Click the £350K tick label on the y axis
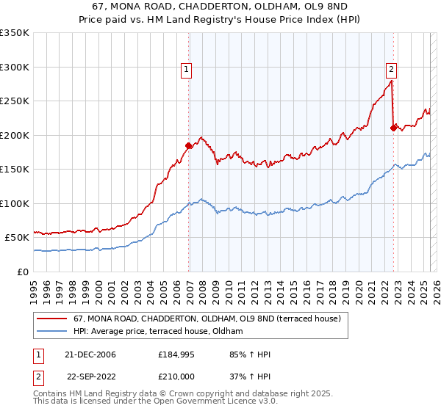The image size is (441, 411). pos(15,33)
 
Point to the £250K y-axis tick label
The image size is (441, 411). pos(15,101)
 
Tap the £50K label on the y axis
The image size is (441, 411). pos(18,238)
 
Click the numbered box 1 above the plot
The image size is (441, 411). pos(187,70)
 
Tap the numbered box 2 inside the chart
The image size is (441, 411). pos(391,70)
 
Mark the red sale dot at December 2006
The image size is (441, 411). pos(189,145)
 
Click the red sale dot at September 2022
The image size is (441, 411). pos(393,128)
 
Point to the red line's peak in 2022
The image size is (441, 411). pos(392,81)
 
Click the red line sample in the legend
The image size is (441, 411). pos(53,319)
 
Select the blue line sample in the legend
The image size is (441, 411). pos(53,332)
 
